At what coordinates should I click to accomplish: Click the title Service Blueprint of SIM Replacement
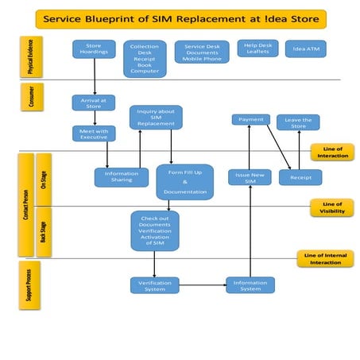pos(180,18)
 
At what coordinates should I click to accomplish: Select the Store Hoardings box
pos(95,49)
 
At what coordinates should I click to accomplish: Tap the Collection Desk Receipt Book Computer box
pos(144,59)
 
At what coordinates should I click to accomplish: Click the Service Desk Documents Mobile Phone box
pos(202,52)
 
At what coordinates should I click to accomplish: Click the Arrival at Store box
pos(95,103)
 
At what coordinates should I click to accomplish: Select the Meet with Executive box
pos(95,134)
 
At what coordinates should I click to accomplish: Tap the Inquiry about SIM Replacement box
pos(156,118)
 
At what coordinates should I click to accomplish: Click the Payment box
pos(250,119)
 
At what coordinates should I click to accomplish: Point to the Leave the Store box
pos(298,122)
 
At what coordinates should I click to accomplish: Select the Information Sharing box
pos(121,177)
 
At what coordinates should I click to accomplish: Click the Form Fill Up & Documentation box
pos(184,182)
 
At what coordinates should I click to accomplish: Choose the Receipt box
pos(300,177)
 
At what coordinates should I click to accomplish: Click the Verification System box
pos(156,285)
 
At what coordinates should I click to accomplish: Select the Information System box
pos(250,285)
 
